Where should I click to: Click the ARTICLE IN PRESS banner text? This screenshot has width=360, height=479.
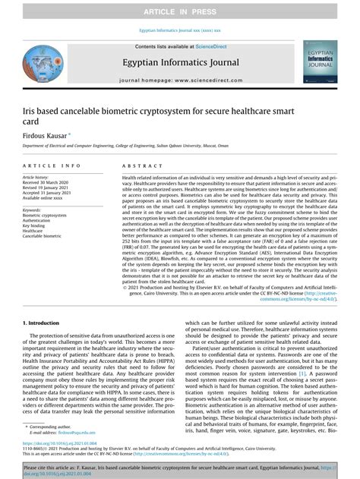tap(180, 12)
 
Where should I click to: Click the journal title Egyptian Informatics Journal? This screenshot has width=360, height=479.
tap(179, 61)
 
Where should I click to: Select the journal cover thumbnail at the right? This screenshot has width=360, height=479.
tap(320, 61)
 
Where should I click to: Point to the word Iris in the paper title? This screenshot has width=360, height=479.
tap(30, 109)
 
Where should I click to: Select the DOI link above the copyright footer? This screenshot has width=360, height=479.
tap(54, 442)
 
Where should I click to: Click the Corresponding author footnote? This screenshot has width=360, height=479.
tap(50, 428)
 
